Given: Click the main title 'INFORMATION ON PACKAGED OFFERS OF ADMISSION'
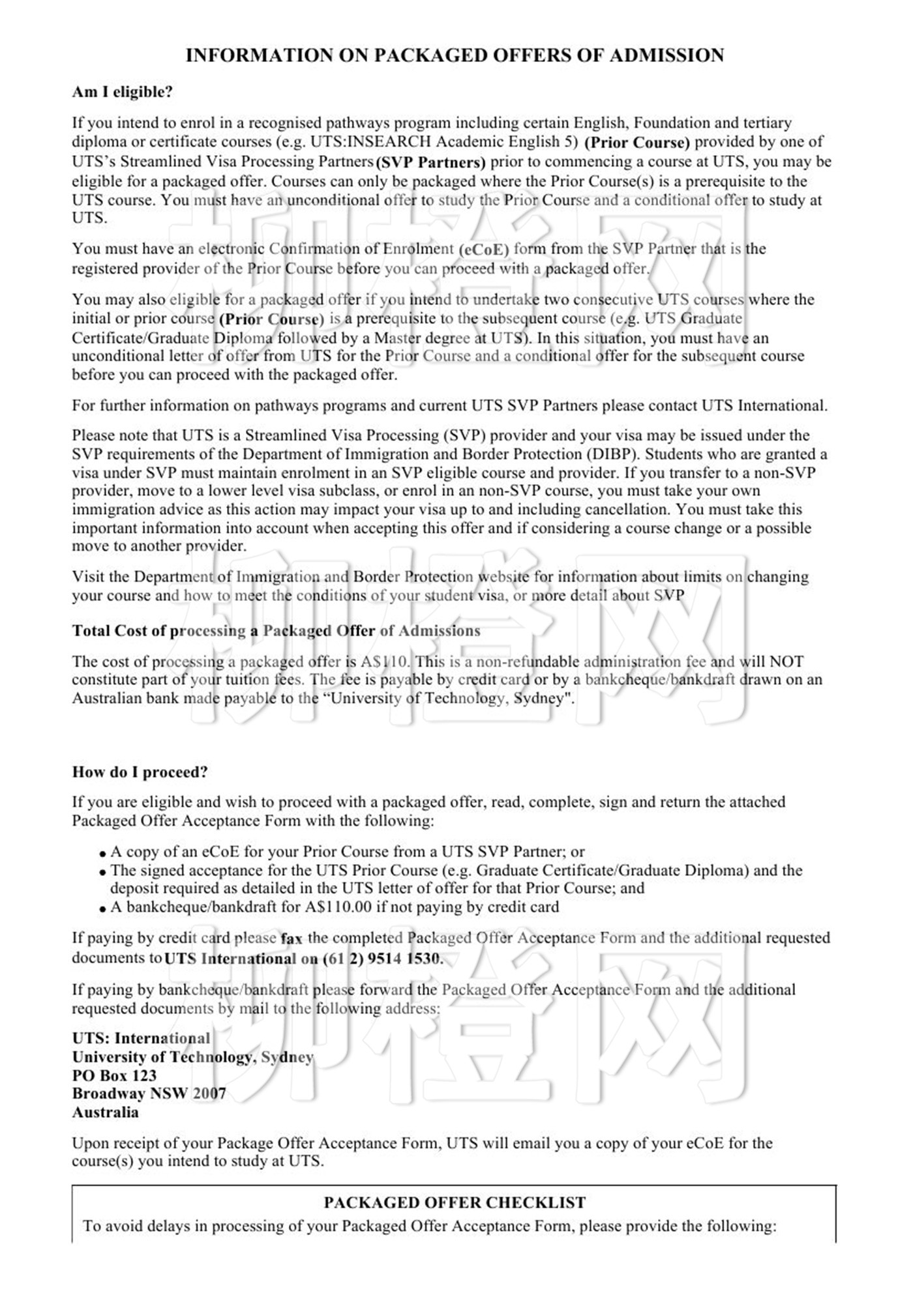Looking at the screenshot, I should click(x=455, y=55).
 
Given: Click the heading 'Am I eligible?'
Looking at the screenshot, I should click(x=122, y=92).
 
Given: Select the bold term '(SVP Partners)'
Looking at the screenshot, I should click(x=430, y=162).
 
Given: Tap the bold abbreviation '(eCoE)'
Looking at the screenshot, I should click(x=483, y=250).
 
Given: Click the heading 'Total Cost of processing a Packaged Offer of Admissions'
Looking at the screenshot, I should click(x=276, y=631).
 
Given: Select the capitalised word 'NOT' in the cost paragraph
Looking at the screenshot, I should click(x=786, y=661).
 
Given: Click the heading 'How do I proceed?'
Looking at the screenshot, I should click(x=140, y=772).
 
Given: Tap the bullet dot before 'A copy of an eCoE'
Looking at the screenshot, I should click(x=102, y=854).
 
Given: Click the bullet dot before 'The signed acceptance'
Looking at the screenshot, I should click(x=102, y=872).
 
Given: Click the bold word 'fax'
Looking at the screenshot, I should click(x=292, y=939).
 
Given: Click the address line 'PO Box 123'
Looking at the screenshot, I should click(x=114, y=1075).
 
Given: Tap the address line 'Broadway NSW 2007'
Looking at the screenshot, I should click(x=149, y=1094).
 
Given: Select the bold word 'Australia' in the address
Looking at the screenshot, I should click(x=105, y=1112).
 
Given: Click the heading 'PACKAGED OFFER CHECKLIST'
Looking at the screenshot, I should click(x=455, y=1202).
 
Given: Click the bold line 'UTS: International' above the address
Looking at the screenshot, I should click(x=141, y=1038).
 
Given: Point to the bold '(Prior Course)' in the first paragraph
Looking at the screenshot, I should click(x=636, y=143).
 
